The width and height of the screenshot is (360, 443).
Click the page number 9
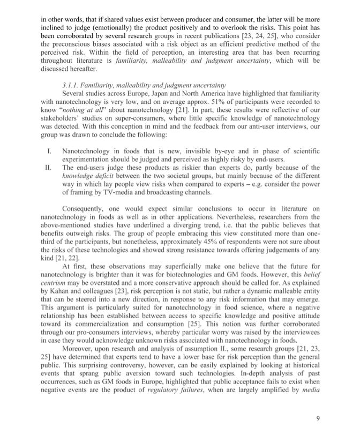318,418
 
